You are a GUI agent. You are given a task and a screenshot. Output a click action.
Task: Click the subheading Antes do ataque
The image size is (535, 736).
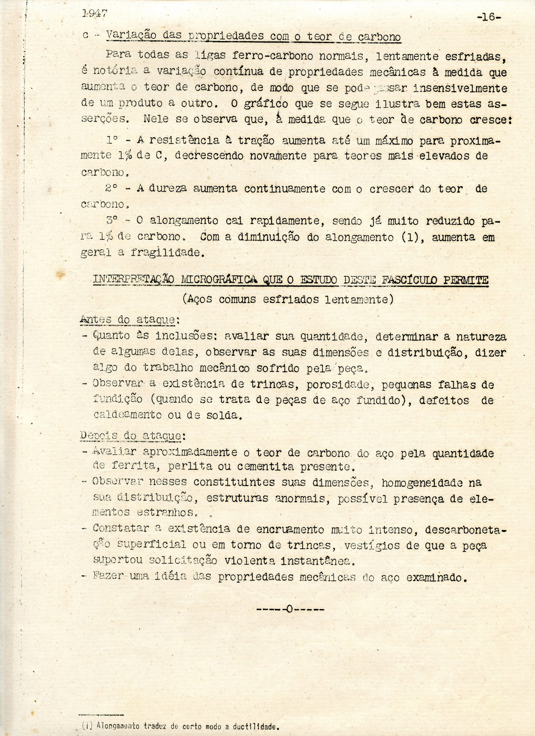130,320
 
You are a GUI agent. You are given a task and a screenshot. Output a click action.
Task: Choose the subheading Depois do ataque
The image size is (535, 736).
132,436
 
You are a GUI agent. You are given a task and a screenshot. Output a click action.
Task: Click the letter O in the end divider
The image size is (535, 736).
290,609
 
